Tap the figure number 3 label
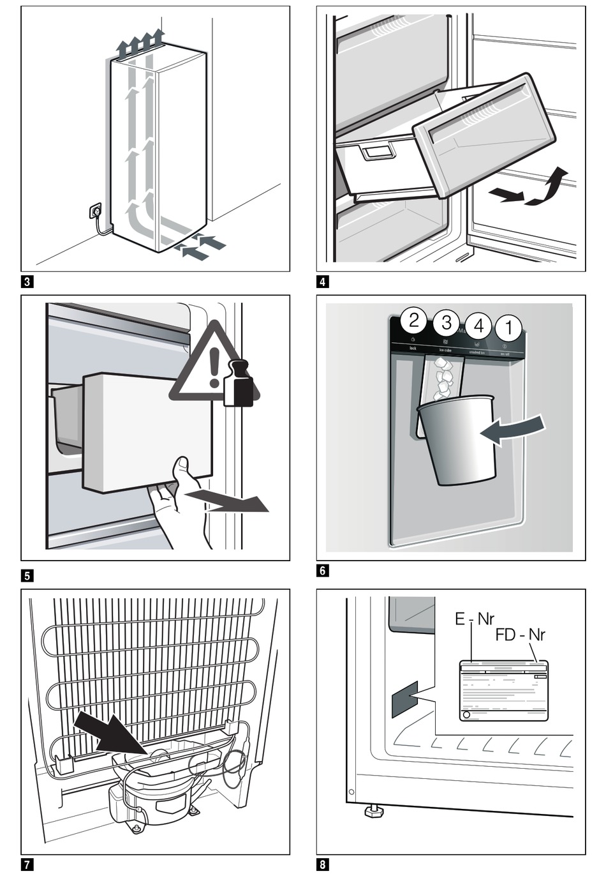click(x=27, y=280)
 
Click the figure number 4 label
click(x=323, y=281)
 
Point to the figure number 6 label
click(x=323, y=570)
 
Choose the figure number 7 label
click(x=27, y=865)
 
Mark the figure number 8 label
click(x=323, y=865)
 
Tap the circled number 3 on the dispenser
click(x=446, y=323)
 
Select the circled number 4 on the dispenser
click(x=478, y=327)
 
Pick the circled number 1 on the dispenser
click(x=508, y=328)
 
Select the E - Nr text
click(x=474, y=619)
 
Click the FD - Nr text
click(x=520, y=635)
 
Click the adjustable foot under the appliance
click(x=373, y=810)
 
